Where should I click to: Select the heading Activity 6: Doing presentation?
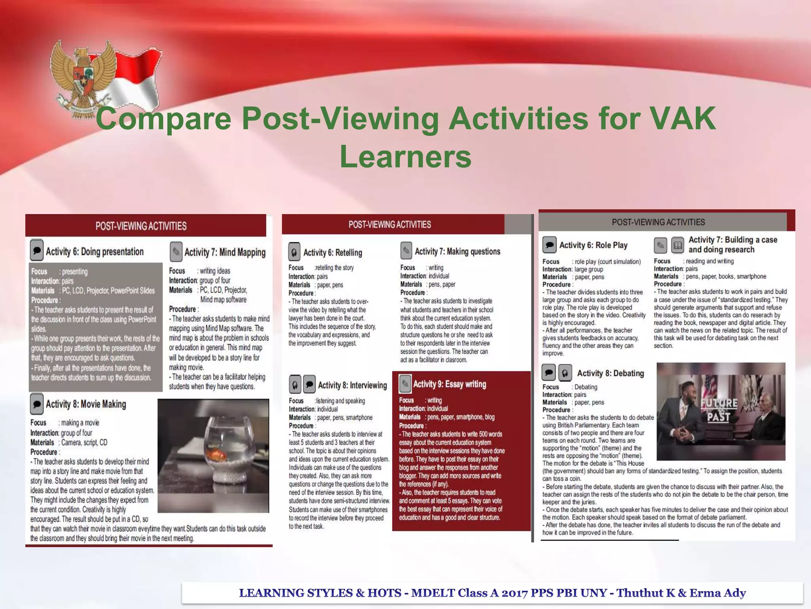[x=95, y=252]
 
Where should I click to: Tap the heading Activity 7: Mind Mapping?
[x=225, y=253]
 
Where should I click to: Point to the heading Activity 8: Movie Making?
[x=86, y=404]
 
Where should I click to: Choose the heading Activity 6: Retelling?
[x=333, y=253]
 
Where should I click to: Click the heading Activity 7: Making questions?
[x=457, y=251]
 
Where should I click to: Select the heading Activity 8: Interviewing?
[x=352, y=385]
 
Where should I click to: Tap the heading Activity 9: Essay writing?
[x=449, y=384]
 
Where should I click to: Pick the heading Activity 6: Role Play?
[x=593, y=245]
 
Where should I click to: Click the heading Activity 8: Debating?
[x=610, y=373]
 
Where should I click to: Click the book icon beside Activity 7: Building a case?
[x=678, y=245]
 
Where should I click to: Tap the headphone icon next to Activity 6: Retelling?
[x=294, y=252]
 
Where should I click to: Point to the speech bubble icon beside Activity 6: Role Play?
[x=549, y=245]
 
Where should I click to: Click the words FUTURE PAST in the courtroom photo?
[x=719, y=410]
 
